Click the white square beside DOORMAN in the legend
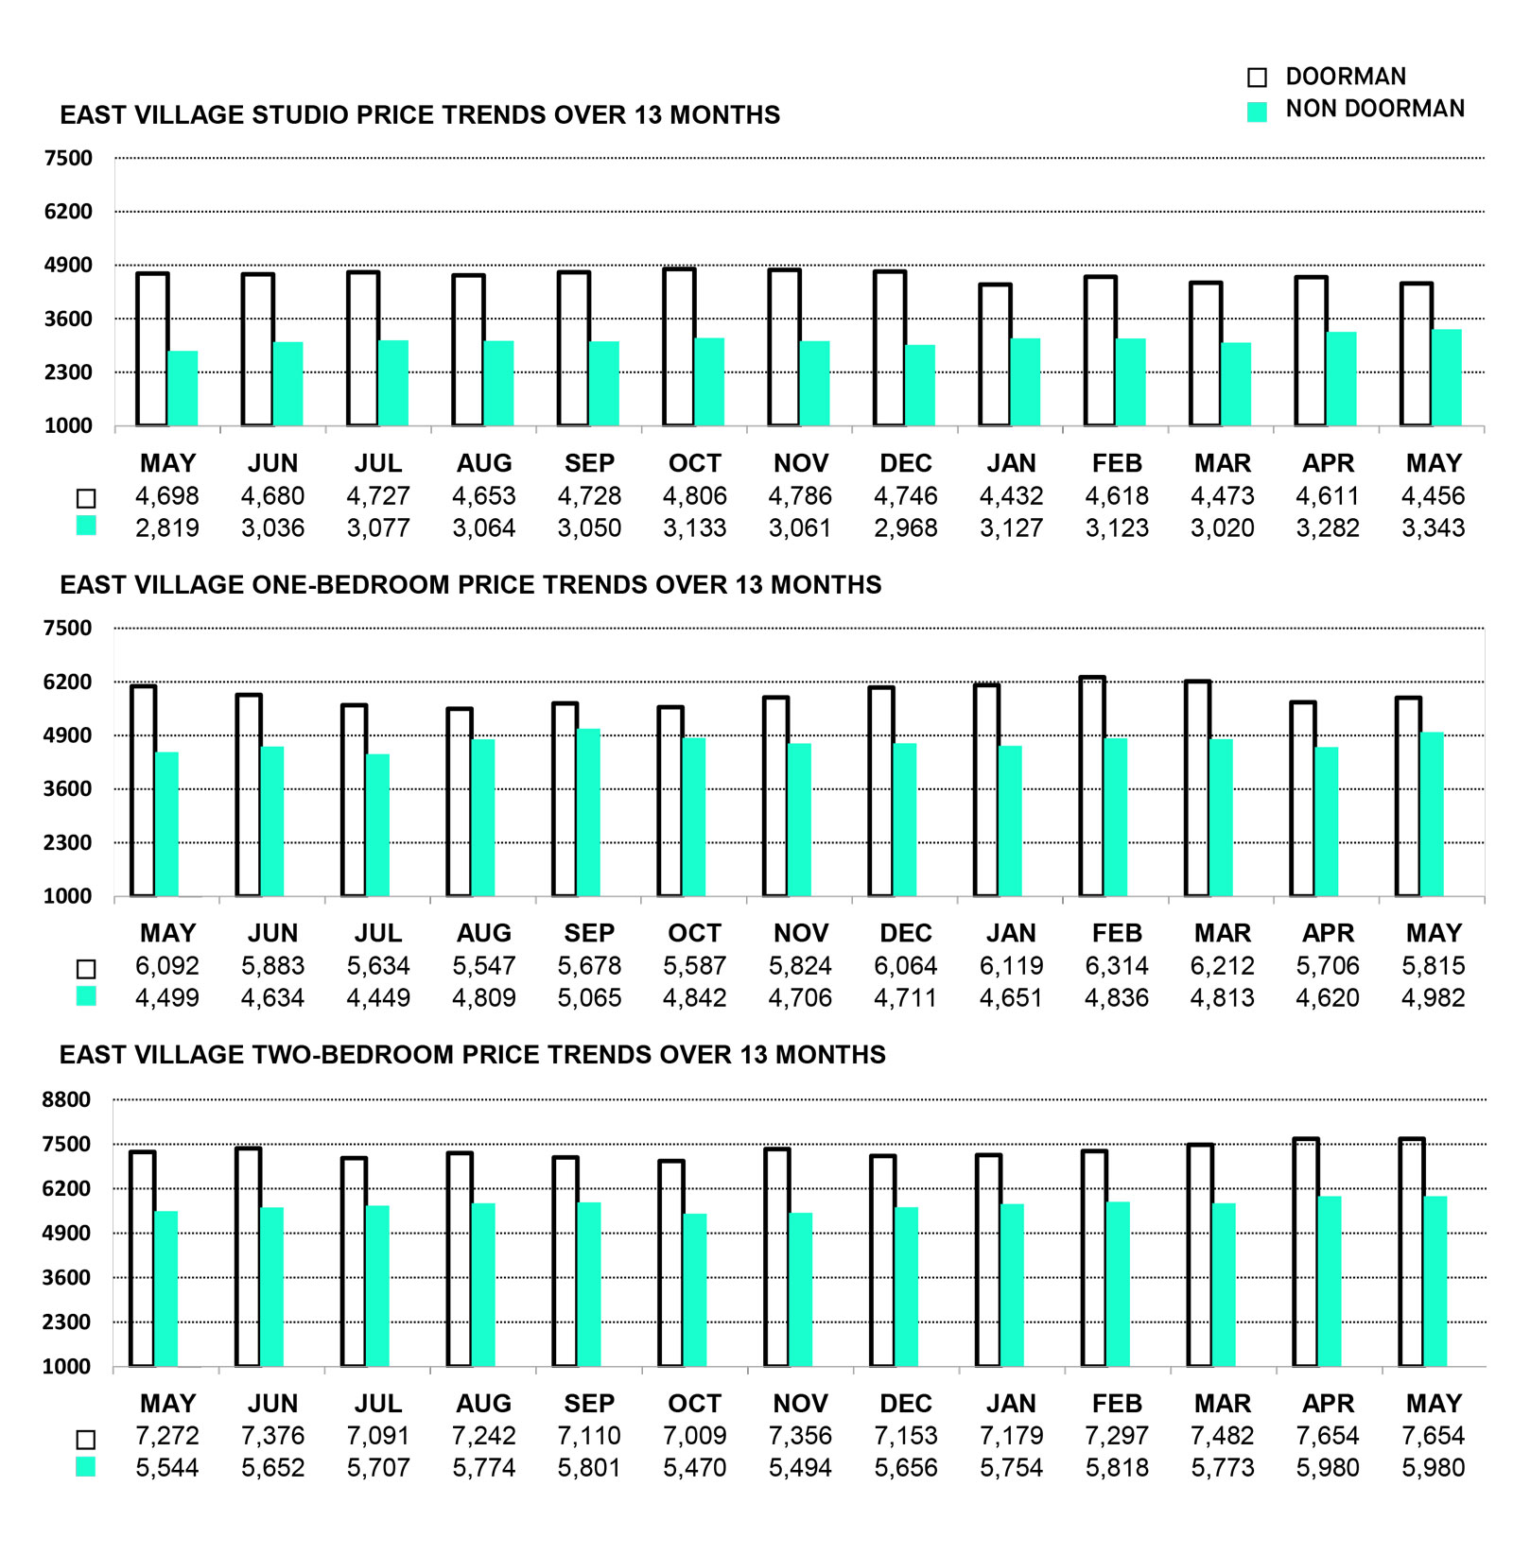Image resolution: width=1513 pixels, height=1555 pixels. pyautogui.click(x=1257, y=78)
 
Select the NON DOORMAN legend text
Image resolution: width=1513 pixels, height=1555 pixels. pyautogui.click(x=1375, y=109)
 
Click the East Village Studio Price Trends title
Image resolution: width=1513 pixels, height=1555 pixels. pyautogui.click(x=420, y=115)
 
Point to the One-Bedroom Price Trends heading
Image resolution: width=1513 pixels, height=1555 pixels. pyautogui.click(x=471, y=585)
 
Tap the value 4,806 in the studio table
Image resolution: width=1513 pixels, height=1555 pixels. pyautogui.click(x=695, y=496)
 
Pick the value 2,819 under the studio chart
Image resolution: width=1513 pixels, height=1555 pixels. pyautogui.click(x=167, y=528)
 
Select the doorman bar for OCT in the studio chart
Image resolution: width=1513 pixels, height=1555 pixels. pyautogui.click(x=679, y=347)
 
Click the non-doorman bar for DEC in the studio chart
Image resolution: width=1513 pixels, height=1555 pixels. pyautogui.click(x=920, y=386)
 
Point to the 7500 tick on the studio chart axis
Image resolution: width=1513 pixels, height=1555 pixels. pyautogui.click(x=69, y=158)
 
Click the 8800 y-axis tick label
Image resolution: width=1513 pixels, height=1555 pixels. pyautogui.click(x=66, y=1099)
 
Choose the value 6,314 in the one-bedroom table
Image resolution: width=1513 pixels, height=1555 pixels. pyautogui.click(x=1117, y=966)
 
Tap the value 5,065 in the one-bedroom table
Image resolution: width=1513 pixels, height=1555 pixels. pyautogui.click(x=589, y=998)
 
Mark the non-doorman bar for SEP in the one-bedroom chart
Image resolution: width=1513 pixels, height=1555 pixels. pyautogui.click(x=588, y=813)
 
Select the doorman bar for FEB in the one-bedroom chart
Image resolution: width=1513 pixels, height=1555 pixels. pyautogui.click(x=1092, y=786)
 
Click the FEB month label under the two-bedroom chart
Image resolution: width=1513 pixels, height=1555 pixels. pyautogui.click(x=1117, y=1404)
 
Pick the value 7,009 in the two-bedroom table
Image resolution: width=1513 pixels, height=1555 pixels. pyautogui.click(x=695, y=1436)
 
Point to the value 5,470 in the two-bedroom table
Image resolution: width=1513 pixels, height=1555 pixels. pyautogui.click(x=695, y=1468)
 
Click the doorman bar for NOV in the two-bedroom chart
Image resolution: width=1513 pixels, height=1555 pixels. pyautogui.click(x=777, y=1257)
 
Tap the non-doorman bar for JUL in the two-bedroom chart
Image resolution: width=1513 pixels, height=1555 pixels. pyautogui.click(x=377, y=1287)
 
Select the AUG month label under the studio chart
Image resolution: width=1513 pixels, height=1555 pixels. pyautogui.click(x=484, y=464)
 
